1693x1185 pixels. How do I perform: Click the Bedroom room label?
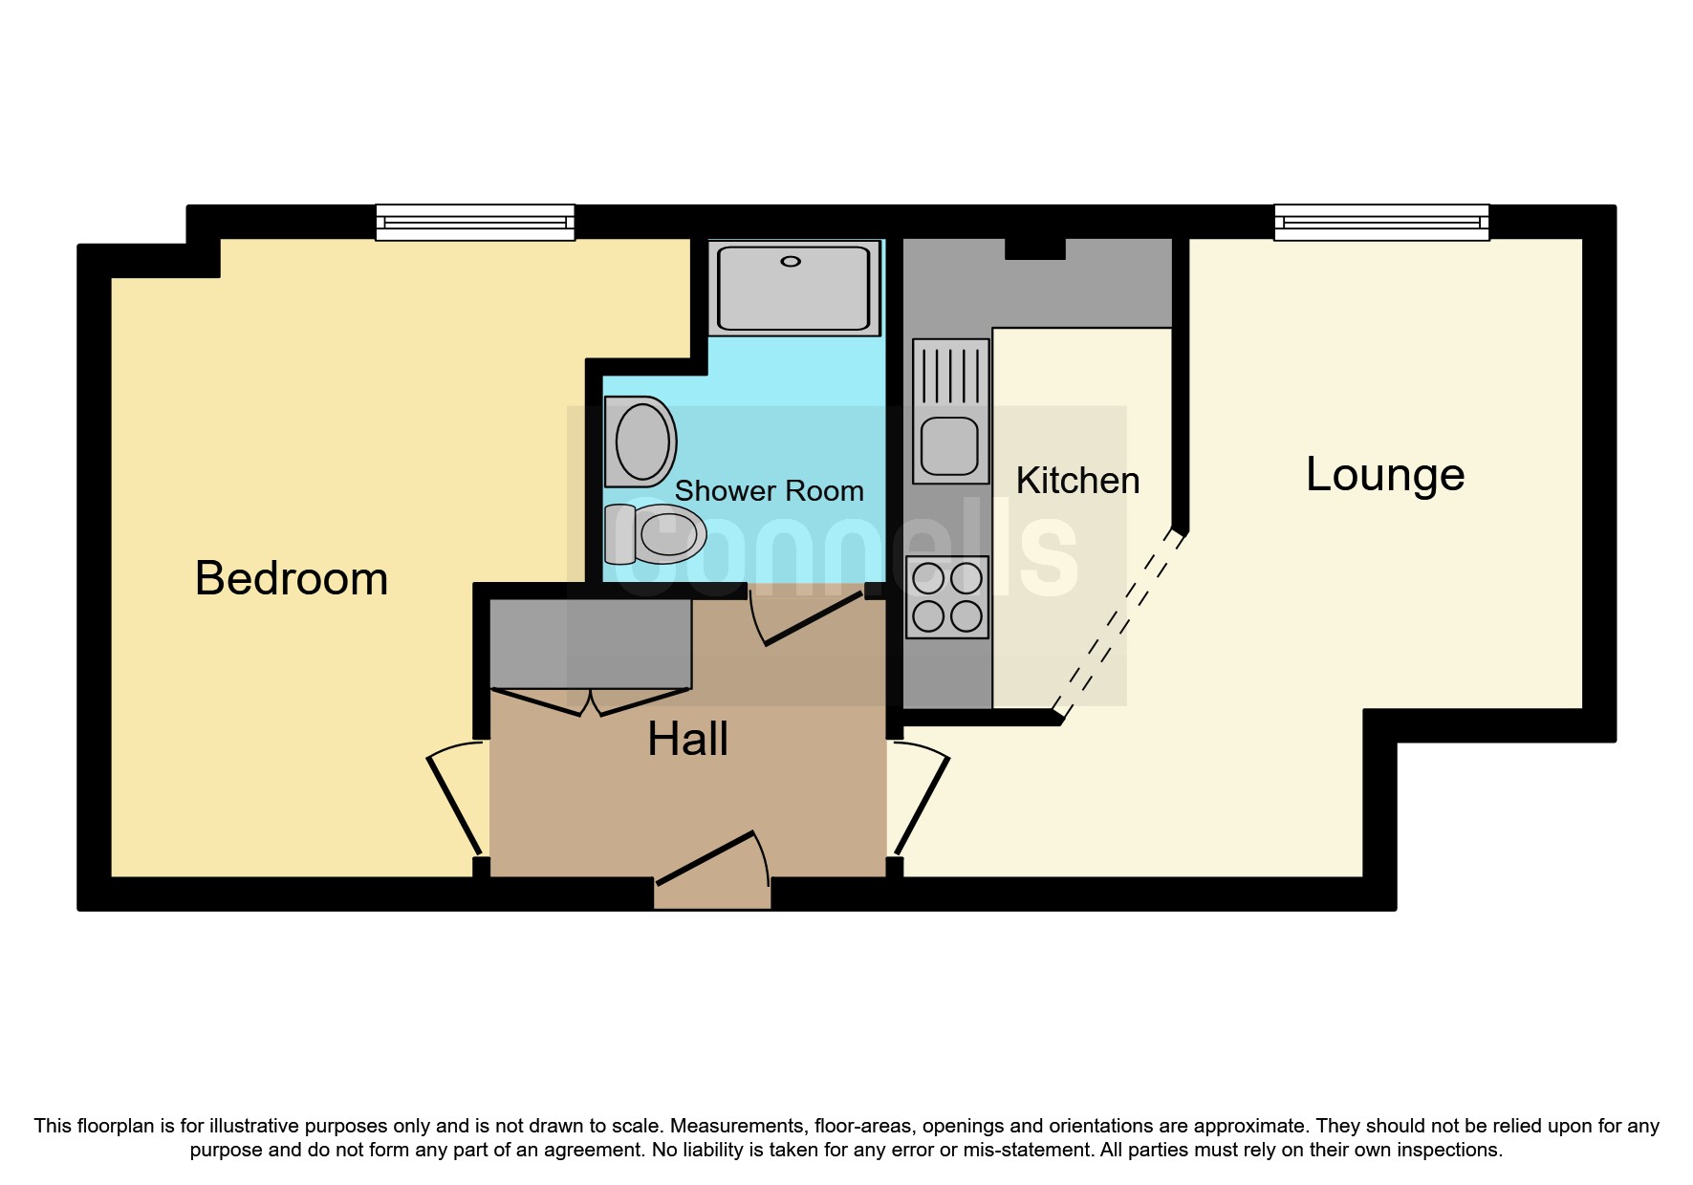(292, 578)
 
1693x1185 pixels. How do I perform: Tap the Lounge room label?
(1385, 475)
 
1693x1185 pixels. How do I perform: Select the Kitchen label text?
(1078, 481)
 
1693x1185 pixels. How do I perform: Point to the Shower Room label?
(770, 491)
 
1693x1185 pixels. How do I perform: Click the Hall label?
(688, 739)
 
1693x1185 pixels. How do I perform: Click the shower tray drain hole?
(791, 262)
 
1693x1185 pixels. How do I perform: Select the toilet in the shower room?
(656, 534)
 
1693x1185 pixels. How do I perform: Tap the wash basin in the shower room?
(640, 442)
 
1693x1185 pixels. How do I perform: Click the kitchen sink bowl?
(949, 446)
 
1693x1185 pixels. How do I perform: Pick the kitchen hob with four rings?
(947, 597)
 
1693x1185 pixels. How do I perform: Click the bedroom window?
(475, 223)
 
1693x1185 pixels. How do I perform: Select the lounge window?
(1381, 223)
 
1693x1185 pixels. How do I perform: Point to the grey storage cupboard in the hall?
(591, 643)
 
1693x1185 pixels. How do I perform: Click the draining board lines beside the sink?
(951, 376)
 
